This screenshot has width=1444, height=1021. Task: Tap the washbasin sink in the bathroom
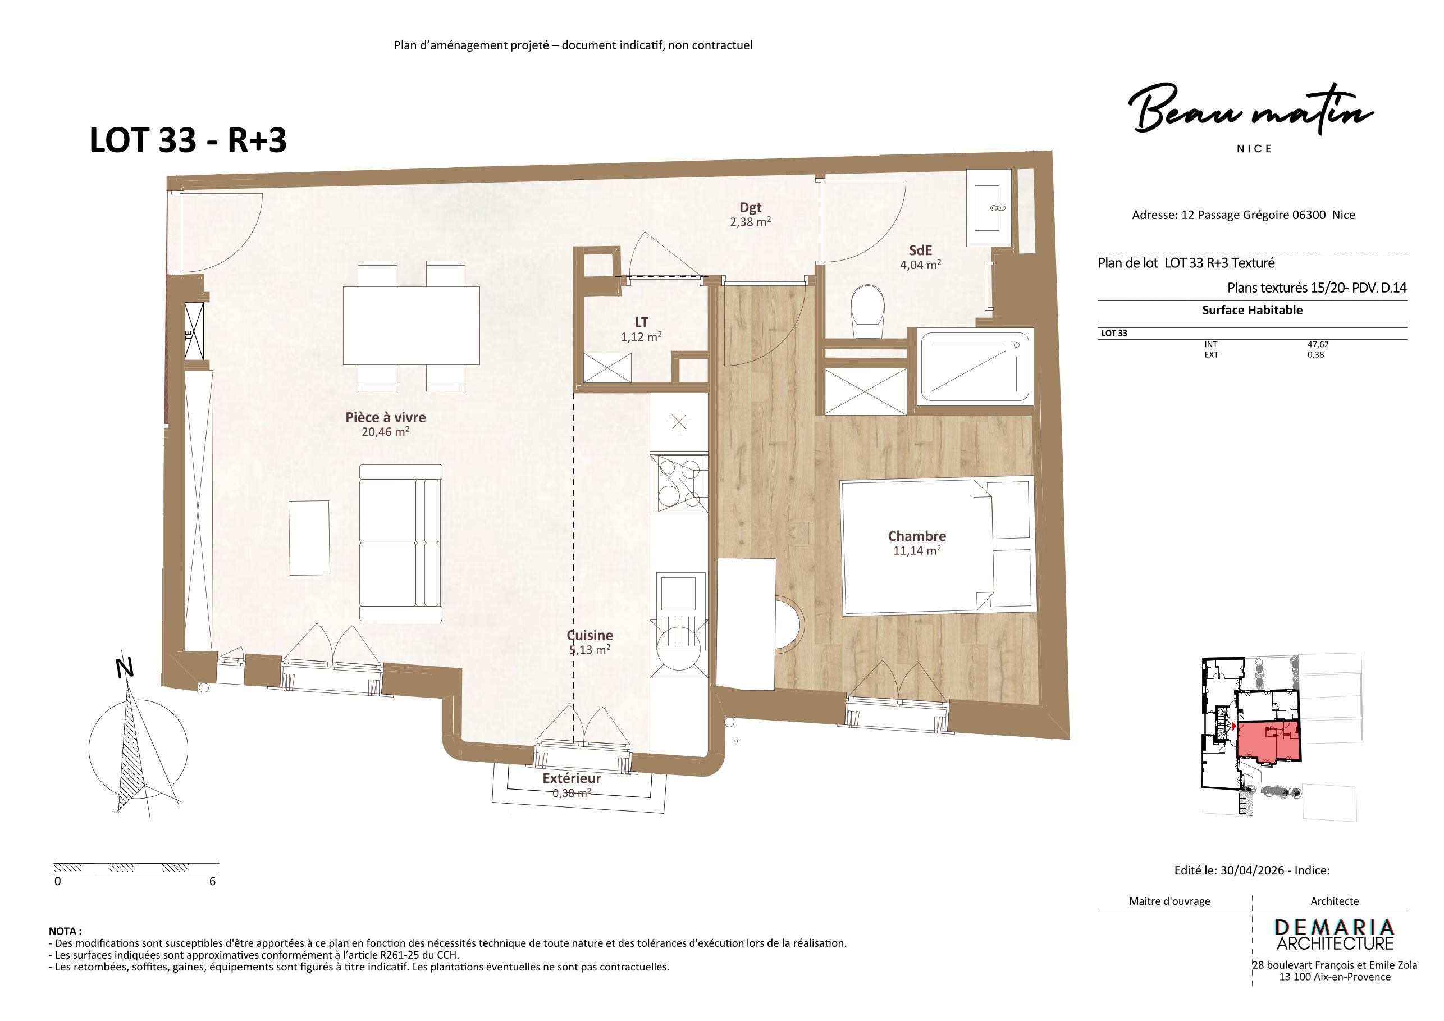(988, 208)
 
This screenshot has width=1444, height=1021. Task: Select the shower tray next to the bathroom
(975, 368)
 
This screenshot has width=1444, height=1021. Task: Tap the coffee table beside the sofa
(309, 537)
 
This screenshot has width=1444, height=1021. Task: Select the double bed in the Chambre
(938, 545)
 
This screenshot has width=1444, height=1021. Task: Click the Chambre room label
(916, 536)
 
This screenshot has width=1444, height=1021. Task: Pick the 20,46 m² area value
(386, 431)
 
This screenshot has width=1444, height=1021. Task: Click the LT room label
(642, 323)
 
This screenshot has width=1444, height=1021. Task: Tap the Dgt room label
(750, 208)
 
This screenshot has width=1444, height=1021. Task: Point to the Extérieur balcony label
(572, 778)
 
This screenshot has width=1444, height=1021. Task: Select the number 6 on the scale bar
(213, 881)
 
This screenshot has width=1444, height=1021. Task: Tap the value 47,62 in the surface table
(1318, 344)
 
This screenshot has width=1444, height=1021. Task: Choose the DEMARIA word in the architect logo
(1335, 927)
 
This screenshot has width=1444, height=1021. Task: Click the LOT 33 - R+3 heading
(188, 140)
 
